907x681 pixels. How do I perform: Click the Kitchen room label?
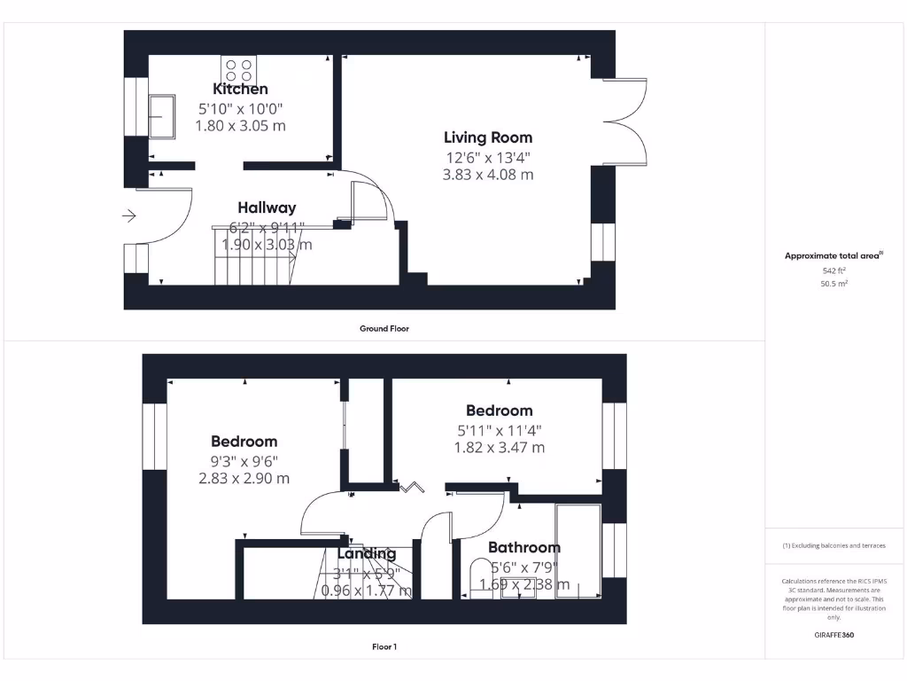click(240, 89)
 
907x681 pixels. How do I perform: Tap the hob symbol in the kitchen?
click(238, 68)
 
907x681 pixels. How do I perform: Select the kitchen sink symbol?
click(162, 116)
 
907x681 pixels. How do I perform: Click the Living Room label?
click(488, 137)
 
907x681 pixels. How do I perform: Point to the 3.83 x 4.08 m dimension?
click(488, 175)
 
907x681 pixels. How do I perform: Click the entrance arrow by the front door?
click(128, 215)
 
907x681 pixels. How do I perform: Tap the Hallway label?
click(267, 207)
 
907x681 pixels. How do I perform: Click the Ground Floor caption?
click(384, 329)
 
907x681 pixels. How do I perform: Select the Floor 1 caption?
click(384, 647)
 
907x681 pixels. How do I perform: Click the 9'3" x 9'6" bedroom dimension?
click(244, 460)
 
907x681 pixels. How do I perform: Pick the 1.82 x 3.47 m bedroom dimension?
click(500, 448)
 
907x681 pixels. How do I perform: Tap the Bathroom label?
click(524, 548)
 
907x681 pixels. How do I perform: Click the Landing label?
click(366, 554)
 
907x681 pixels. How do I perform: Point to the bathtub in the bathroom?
click(578, 551)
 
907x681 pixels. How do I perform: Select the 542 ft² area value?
click(834, 270)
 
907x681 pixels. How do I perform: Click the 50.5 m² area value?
click(834, 284)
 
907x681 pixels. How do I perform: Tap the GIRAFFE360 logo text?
click(834, 635)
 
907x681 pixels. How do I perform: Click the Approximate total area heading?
click(833, 256)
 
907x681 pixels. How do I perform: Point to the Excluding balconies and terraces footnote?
click(833, 545)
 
